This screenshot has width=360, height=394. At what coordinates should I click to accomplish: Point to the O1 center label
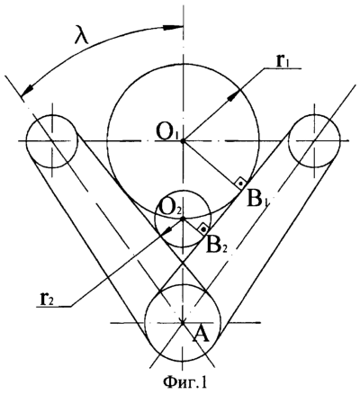pyautogui.click(x=167, y=131)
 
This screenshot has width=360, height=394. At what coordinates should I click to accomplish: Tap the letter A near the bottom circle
pyautogui.click(x=201, y=336)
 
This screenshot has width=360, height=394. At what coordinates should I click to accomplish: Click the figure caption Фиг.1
pyautogui.click(x=185, y=382)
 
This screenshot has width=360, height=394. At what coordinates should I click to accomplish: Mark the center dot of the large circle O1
pyautogui.click(x=183, y=140)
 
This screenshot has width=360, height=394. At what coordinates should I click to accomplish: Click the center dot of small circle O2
pyautogui.click(x=183, y=219)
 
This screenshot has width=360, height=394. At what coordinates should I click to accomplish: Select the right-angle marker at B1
pyautogui.click(x=241, y=183)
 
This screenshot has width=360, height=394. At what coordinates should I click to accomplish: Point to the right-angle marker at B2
pyautogui.click(x=203, y=229)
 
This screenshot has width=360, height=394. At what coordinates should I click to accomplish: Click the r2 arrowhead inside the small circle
pyautogui.click(x=169, y=228)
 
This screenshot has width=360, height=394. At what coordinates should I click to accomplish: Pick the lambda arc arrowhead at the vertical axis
pyautogui.click(x=173, y=28)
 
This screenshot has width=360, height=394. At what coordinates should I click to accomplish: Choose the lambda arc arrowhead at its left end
pyautogui.click(x=27, y=89)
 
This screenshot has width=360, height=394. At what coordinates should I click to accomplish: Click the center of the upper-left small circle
pyautogui.click(x=52, y=140)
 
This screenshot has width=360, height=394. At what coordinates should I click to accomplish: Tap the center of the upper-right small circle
pyautogui.click(x=314, y=140)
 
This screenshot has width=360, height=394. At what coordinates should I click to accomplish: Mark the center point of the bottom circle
pyautogui.click(x=183, y=323)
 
